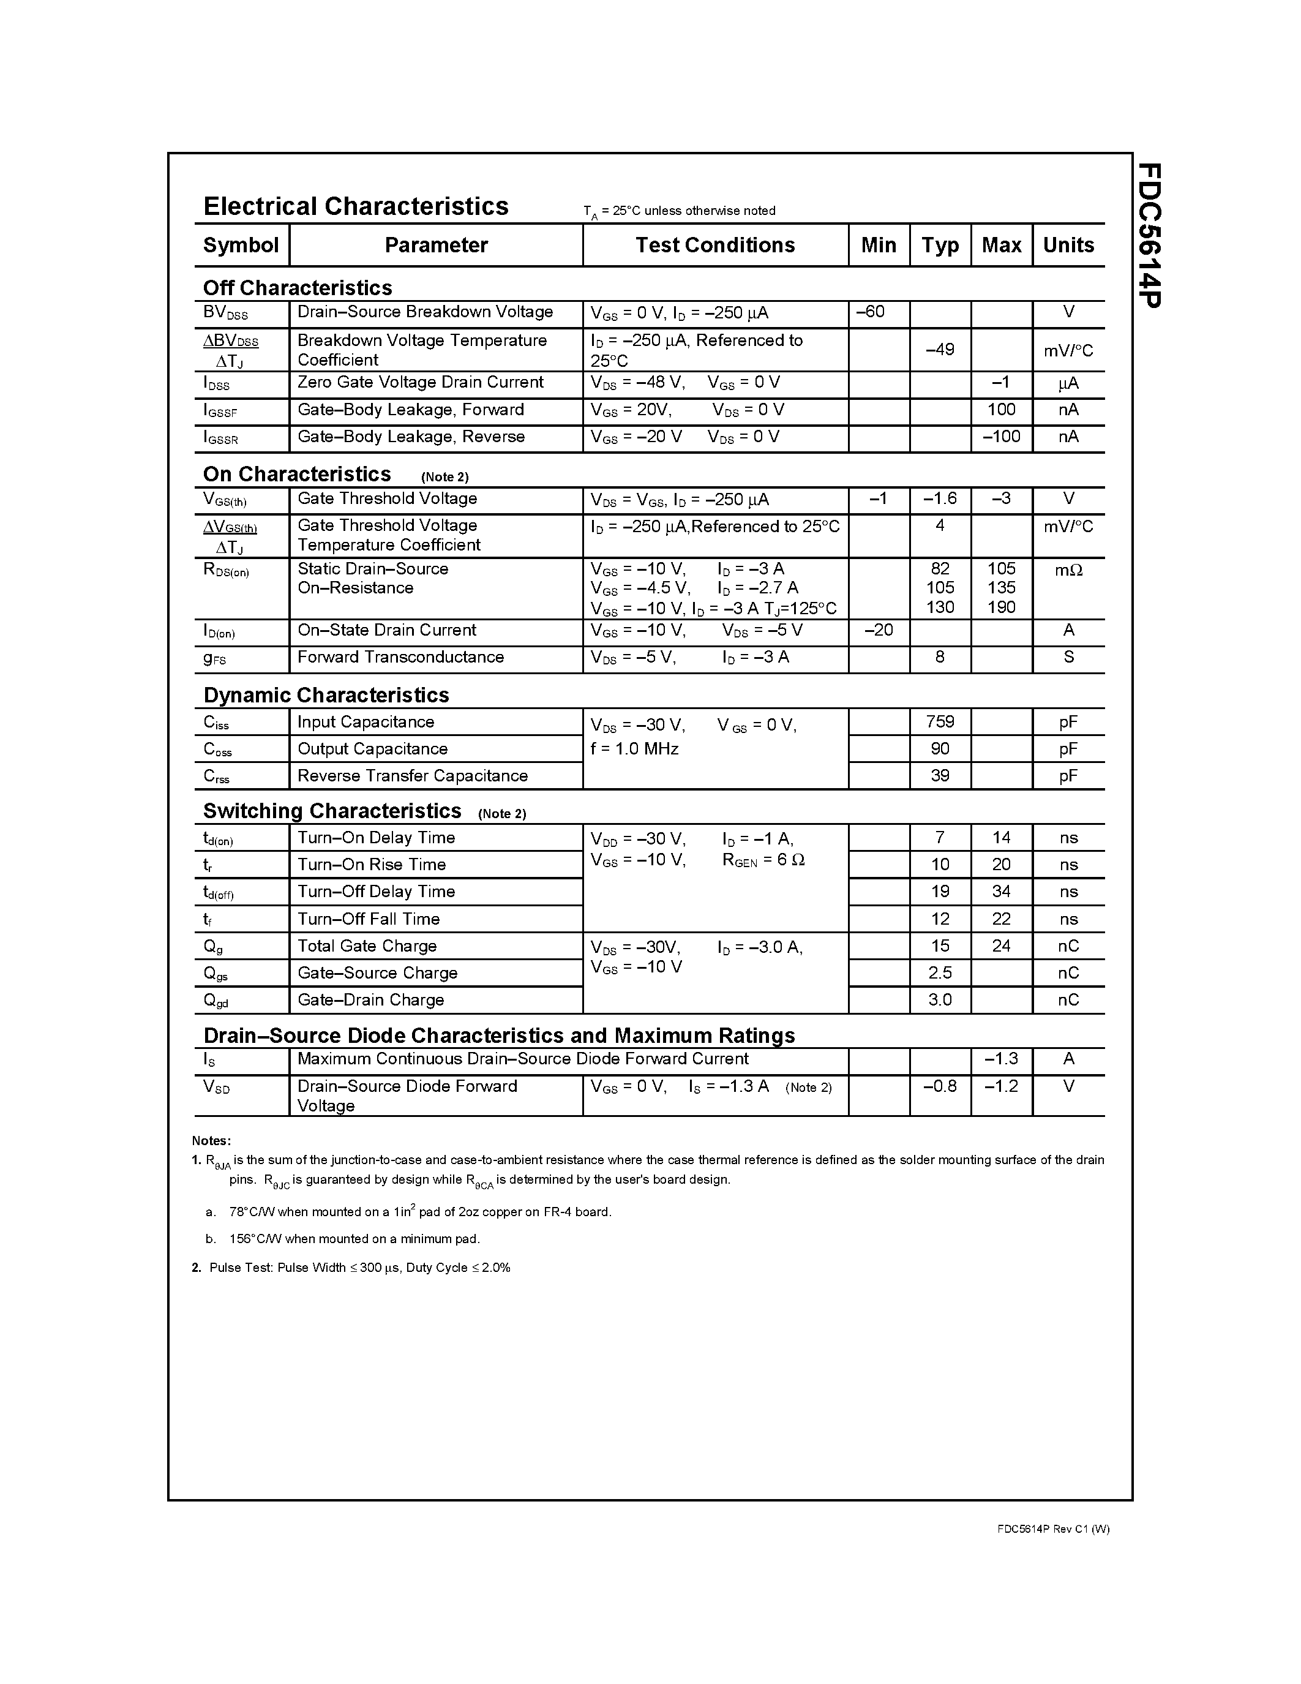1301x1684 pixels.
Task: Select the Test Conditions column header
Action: tap(714, 245)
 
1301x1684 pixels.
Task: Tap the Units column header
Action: tap(1068, 245)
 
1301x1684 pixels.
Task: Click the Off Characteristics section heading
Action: tap(298, 288)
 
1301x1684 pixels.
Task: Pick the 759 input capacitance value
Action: tap(940, 722)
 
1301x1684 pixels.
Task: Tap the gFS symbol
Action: tap(214, 658)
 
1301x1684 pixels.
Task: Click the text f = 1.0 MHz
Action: tap(634, 749)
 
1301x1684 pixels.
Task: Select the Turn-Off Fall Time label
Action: tap(369, 919)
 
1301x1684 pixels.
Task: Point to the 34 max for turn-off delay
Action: tap(1000, 892)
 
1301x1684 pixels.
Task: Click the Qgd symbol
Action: tap(215, 1001)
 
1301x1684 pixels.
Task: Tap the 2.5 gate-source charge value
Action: tap(940, 973)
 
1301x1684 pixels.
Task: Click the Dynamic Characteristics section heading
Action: tap(326, 696)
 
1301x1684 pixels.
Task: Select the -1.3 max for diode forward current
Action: tap(1000, 1059)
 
